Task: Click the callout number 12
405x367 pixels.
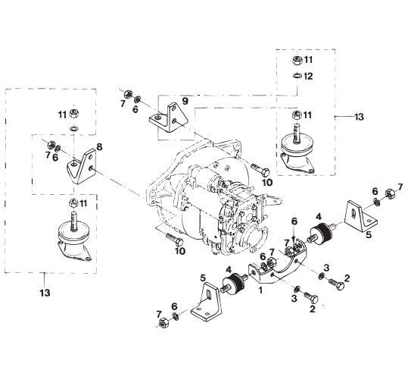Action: [308, 76]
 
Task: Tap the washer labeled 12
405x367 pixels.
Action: [297, 76]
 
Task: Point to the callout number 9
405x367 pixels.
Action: [185, 101]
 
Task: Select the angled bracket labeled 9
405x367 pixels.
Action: [168, 118]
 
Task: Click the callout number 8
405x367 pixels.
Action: [99, 147]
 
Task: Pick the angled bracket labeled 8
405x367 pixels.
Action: [81, 166]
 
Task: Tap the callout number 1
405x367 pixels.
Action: [260, 290]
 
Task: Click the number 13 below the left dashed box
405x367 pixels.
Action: [45, 293]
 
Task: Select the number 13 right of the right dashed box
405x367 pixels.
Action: [359, 117]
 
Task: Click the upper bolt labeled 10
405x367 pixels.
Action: [260, 169]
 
